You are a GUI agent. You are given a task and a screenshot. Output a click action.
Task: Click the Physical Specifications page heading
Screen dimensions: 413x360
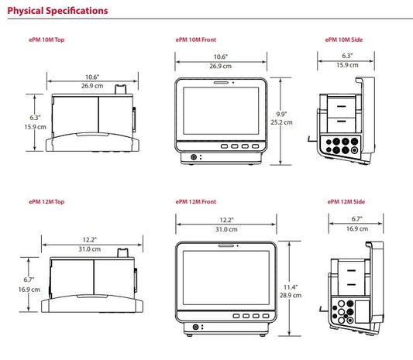click(57, 11)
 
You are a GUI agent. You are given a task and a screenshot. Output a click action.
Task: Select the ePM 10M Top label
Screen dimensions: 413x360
click(46, 39)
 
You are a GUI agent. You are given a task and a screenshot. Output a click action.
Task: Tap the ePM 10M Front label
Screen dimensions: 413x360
click(196, 39)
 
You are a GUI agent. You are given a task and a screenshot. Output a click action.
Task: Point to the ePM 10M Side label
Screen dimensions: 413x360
click(344, 39)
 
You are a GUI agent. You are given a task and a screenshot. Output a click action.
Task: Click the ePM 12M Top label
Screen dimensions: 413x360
click(46, 202)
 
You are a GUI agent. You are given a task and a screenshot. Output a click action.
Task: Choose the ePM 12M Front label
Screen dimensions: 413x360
click(196, 202)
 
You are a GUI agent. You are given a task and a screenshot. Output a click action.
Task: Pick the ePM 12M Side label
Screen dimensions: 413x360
click(346, 202)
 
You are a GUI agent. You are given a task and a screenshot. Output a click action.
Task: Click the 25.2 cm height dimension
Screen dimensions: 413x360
click(281, 122)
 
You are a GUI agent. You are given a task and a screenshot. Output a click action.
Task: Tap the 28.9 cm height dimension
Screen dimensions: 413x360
click(291, 295)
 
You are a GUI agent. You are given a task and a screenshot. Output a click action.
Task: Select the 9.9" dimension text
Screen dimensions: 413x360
click(281, 115)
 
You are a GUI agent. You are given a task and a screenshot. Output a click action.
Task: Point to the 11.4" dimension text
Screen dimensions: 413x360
click(291, 287)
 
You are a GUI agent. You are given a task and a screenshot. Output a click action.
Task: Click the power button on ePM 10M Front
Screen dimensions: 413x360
click(194, 157)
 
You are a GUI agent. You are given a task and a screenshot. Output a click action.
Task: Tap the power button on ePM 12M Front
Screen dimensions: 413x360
click(195, 327)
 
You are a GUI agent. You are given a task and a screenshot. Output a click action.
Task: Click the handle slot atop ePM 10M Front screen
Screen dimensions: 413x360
click(221, 83)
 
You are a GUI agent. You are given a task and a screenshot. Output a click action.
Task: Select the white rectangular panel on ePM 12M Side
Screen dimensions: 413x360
click(363, 311)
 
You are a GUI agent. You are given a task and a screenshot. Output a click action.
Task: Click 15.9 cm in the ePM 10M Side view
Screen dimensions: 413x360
click(347, 65)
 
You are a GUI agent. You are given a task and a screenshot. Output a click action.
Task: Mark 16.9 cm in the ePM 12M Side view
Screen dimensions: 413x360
click(357, 228)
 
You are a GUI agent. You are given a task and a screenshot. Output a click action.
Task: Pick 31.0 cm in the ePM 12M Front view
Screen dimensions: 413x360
click(226, 229)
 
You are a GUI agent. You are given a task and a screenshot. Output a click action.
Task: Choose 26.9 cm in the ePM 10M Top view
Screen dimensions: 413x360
click(92, 86)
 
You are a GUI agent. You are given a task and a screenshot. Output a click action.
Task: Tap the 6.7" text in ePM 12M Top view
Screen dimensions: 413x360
click(29, 279)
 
